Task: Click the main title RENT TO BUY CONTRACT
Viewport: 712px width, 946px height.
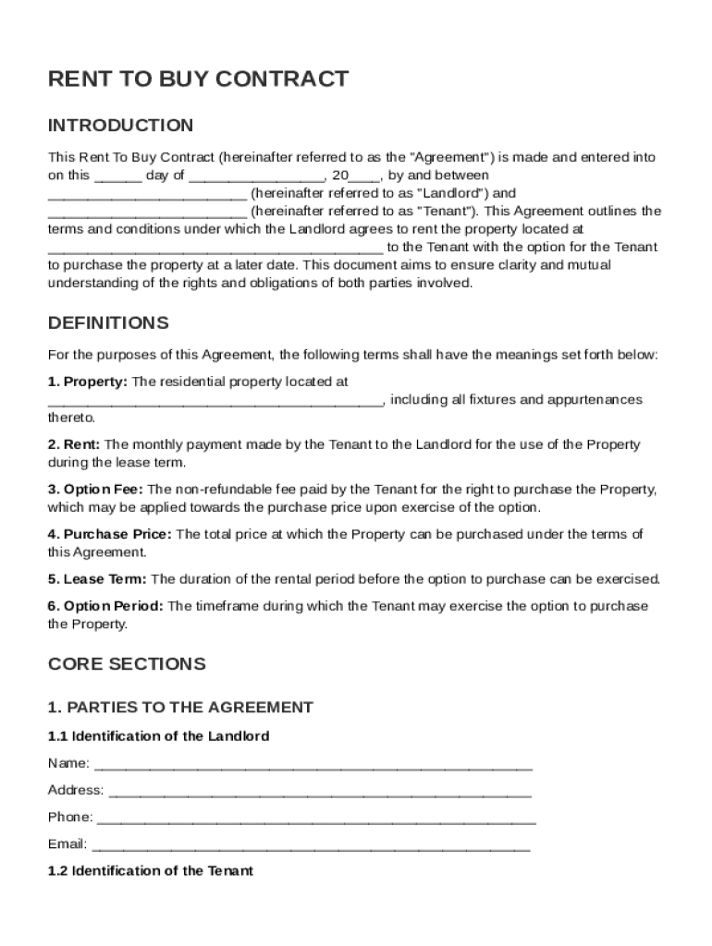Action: pyautogui.click(x=198, y=79)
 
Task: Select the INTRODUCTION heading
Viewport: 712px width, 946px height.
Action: pyautogui.click(x=120, y=126)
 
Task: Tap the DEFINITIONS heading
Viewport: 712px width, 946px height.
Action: pyautogui.click(x=108, y=323)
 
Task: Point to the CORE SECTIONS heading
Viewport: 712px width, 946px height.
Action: pyautogui.click(x=127, y=664)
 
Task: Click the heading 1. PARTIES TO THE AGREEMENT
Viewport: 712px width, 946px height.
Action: pyautogui.click(x=180, y=708)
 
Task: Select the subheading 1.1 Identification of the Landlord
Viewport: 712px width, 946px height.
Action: pyautogui.click(x=158, y=736)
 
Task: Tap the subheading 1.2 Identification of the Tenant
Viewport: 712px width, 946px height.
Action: pyautogui.click(x=150, y=871)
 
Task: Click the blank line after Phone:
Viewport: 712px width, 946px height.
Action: pyautogui.click(x=315, y=818)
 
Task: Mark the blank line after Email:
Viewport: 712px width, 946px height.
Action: pyautogui.click(x=311, y=844)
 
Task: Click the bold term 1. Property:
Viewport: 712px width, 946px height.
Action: pyautogui.click(x=88, y=382)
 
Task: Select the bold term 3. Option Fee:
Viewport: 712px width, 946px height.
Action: pyautogui.click(x=96, y=490)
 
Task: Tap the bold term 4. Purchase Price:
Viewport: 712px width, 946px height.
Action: pyautogui.click(x=109, y=534)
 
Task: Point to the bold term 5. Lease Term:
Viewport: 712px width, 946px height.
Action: pyautogui.click(x=97, y=579)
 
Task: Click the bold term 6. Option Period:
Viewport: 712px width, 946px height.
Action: pyautogui.click(x=105, y=606)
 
